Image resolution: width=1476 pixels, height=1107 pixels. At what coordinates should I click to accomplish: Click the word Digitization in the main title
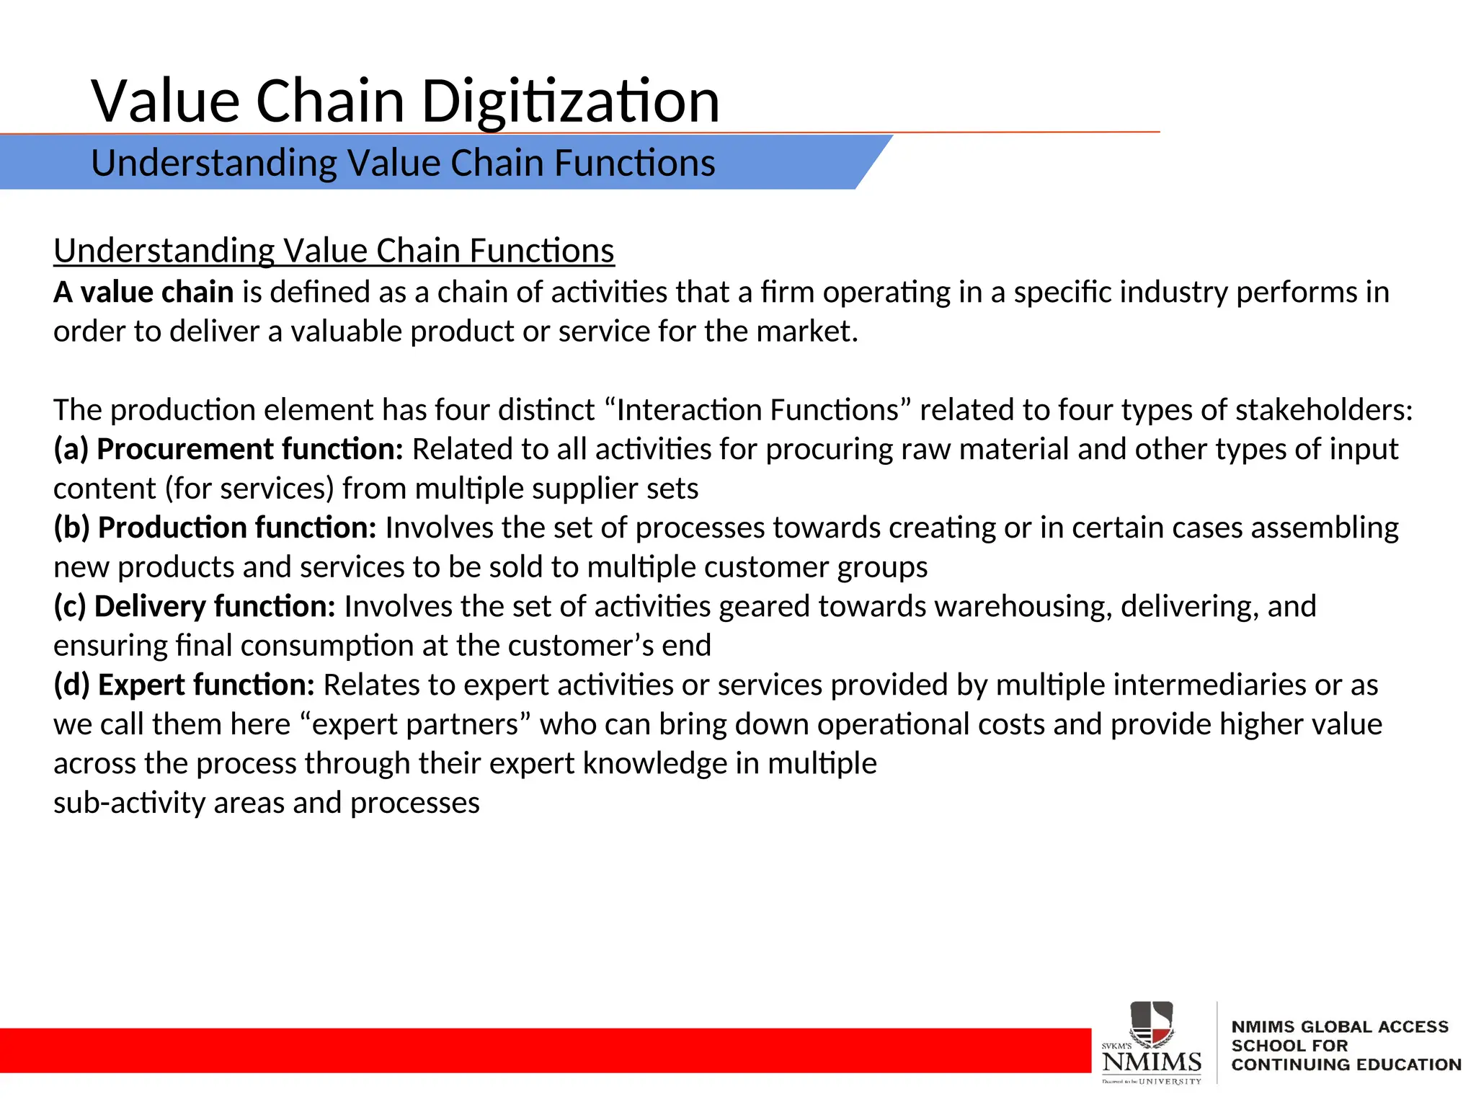coord(570,102)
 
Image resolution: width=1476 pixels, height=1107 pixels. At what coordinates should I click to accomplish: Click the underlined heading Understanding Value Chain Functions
coord(334,252)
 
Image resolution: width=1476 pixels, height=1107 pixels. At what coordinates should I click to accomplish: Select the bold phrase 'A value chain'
coord(143,293)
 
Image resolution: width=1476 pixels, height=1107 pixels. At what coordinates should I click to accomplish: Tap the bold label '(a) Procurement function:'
coord(228,450)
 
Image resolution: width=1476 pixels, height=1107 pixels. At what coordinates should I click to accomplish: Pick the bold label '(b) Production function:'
coord(215,528)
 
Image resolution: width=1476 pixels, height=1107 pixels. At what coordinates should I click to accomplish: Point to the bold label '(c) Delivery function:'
coord(195,607)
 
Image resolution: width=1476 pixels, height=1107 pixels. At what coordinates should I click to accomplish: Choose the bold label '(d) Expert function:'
coord(184,685)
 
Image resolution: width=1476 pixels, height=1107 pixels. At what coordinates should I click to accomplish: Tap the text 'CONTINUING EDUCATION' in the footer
coord(1346,1064)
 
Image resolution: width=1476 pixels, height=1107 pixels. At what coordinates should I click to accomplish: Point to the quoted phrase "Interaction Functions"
coord(758,410)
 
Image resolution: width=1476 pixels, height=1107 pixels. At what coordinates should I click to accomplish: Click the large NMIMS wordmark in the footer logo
coord(1151,1062)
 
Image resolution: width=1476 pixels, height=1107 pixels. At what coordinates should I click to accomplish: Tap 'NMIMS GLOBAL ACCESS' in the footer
coord(1339,1027)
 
